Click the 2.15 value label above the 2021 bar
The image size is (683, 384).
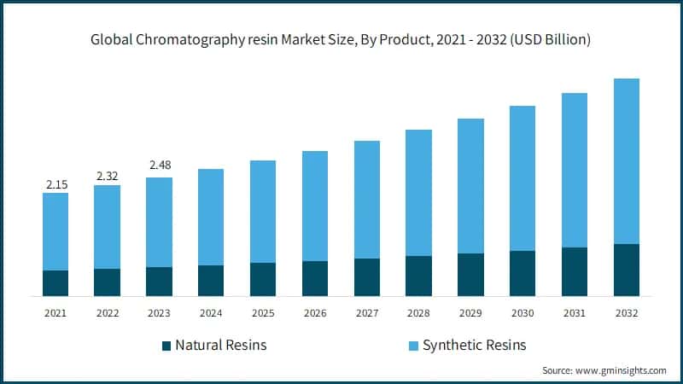tap(55, 184)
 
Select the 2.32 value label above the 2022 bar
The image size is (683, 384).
tap(108, 176)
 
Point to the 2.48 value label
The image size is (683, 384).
tap(160, 165)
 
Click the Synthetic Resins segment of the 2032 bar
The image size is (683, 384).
tap(626, 161)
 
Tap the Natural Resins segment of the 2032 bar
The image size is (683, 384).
tap(626, 270)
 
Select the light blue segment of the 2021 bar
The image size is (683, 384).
tap(55, 231)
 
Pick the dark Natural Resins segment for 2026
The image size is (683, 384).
tap(315, 278)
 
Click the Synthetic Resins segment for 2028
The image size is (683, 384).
tap(418, 193)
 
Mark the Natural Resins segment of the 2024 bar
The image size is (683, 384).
tap(211, 281)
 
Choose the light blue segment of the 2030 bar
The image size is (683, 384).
tap(522, 178)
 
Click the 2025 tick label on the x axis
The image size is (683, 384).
tap(263, 313)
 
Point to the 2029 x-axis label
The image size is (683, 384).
tap(470, 313)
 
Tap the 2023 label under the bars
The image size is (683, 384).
tap(160, 313)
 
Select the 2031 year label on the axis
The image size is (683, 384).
tap(575, 313)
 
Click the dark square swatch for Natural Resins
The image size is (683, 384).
tap(166, 346)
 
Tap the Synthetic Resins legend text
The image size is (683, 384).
tap(475, 346)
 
